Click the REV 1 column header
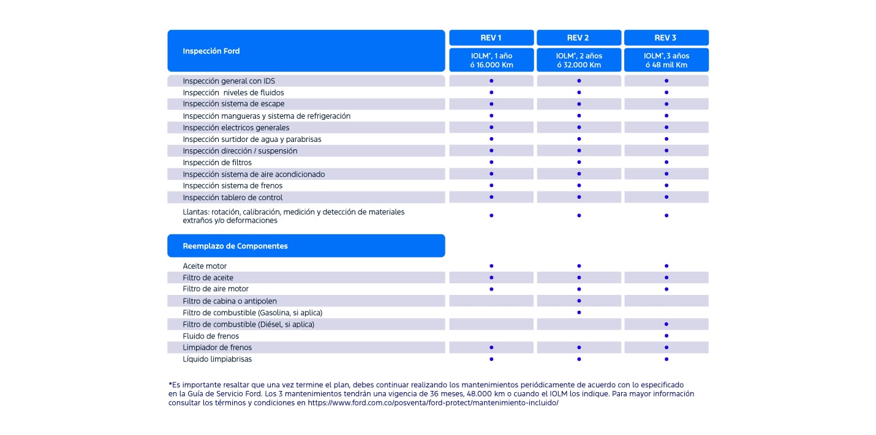(x=491, y=38)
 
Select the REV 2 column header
(x=578, y=38)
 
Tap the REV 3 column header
(x=666, y=38)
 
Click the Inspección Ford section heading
(x=211, y=51)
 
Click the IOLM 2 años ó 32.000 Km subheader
(x=578, y=60)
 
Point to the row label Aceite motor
(x=205, y=266)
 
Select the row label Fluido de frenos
(x=211, y=336)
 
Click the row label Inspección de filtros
(x=217, y=163)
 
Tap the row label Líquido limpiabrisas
(x=217, y=359)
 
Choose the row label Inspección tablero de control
(x=233, y=198)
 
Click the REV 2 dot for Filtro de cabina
(x=579, y=301)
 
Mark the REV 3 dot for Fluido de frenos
(x=666, y=336)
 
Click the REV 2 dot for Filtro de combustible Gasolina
(x=579, y=313)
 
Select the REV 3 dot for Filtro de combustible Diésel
(x=666, y=324)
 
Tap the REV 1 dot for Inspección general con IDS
(x=491, y=81)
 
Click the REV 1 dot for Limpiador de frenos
(x=491, y=348)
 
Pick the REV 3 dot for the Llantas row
(x=666, y=215)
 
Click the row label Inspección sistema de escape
(x=233, y=104)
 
